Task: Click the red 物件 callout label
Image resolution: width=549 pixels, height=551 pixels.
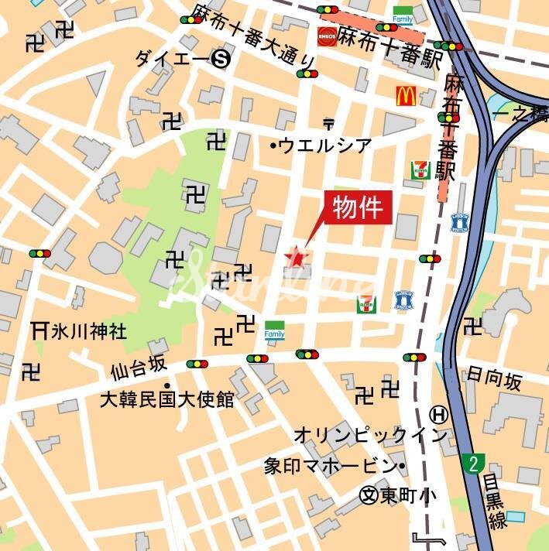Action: tap(359, 207)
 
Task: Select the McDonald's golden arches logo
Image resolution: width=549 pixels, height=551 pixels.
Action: tap(406, 96)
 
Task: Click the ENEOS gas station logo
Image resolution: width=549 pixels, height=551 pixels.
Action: tap(327, 36)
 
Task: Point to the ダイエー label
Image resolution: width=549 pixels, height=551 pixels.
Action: tap(172, 58)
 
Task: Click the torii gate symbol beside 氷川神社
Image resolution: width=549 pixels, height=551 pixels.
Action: tap(39, 330)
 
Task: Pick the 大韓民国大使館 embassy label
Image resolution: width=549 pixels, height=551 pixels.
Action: tap(166, 399)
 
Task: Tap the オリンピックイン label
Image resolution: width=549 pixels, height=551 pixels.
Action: tap(370, 435)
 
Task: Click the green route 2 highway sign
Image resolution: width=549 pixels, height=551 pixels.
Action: tap(473, 464)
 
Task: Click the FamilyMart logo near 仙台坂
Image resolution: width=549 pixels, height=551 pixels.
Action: tap(275, 330)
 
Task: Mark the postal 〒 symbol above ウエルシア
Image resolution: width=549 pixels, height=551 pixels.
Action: tap(328, 122)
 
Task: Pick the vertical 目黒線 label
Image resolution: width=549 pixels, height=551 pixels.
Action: tap(492, 504)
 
